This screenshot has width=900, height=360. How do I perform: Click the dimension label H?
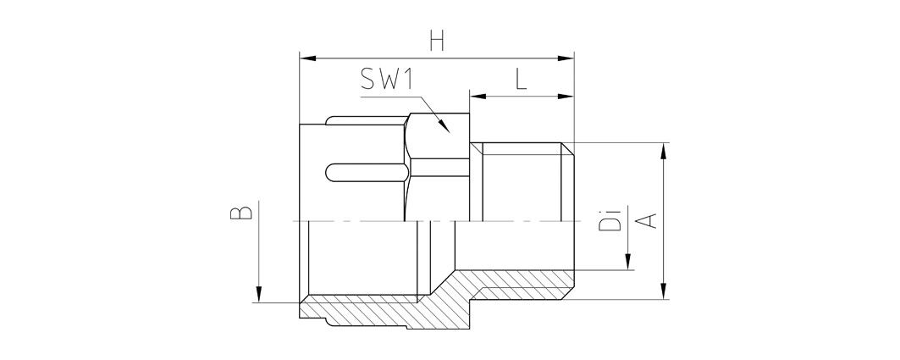pyautogui.click(x=437, y=42)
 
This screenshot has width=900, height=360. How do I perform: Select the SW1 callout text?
pyautogui.click(x=388, y=79)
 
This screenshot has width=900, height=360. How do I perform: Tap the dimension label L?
pyautogui.click(x=520, y=80)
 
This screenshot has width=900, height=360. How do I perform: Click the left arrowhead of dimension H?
pyautogui.click(x=308, y=58)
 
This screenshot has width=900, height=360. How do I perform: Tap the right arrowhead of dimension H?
pyautogui.click(x=566, y=58)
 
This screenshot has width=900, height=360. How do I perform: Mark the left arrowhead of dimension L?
pyautogui.click(x=478, y=97)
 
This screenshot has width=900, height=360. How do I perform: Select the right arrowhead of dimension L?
pyautogui.click(x=566, y=97)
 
